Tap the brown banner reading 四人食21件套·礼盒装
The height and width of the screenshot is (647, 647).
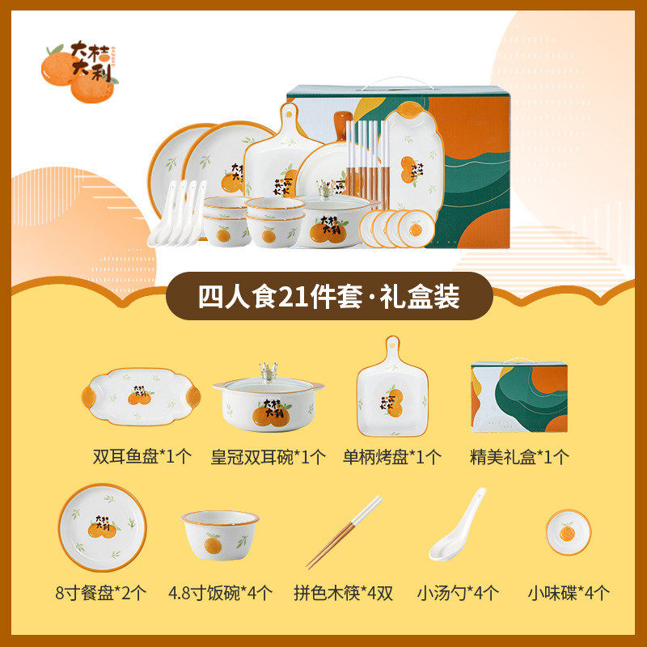click(328, 297)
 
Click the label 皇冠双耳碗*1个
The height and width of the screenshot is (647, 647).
click(269, 456)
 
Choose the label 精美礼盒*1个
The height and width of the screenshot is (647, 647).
click(519, 456)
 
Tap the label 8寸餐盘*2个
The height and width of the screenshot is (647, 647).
click(101, 593)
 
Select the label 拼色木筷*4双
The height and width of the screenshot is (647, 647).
click(343, 593)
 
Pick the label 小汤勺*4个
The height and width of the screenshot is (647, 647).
click(459, 593)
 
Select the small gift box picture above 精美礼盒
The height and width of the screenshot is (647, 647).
click(518, 397)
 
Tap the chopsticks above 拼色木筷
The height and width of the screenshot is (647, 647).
click(344, 532)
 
